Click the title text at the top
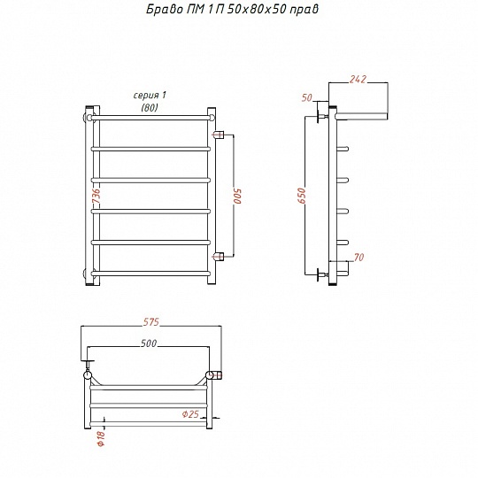(x=232, y=9)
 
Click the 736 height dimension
(x=96, y=197)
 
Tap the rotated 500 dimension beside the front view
(x=237, y=196)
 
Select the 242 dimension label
(x=358, y=80)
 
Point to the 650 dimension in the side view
(x=302, y=196)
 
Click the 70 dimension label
(x=358, y=258)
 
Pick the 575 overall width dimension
(x=151, y=322)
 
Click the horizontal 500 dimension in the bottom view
(x=149, y=343)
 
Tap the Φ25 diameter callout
(x=190, y=414)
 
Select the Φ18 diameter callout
(x=101, y=438)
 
